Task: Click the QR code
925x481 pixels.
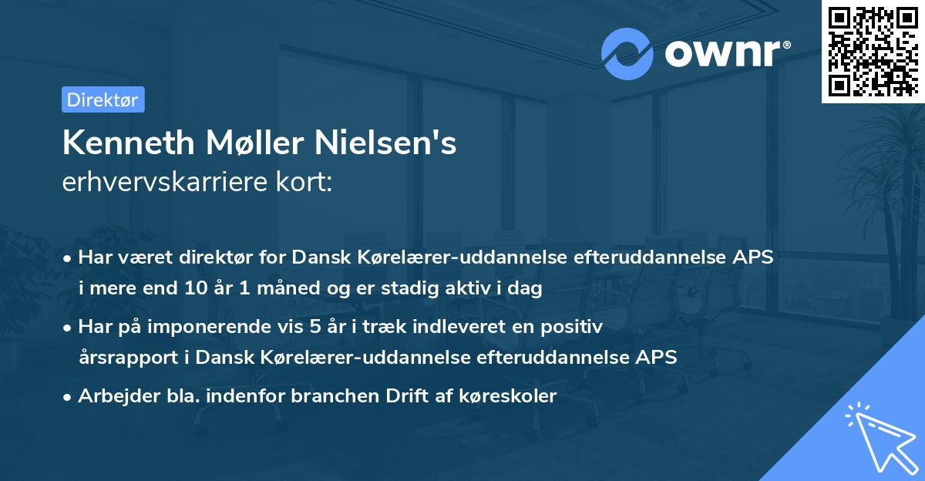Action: coord(873,51)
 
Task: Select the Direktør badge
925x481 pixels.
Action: coord(103,99)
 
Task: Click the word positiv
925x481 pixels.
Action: coord(575,327)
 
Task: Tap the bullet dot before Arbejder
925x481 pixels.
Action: coord(69,397)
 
